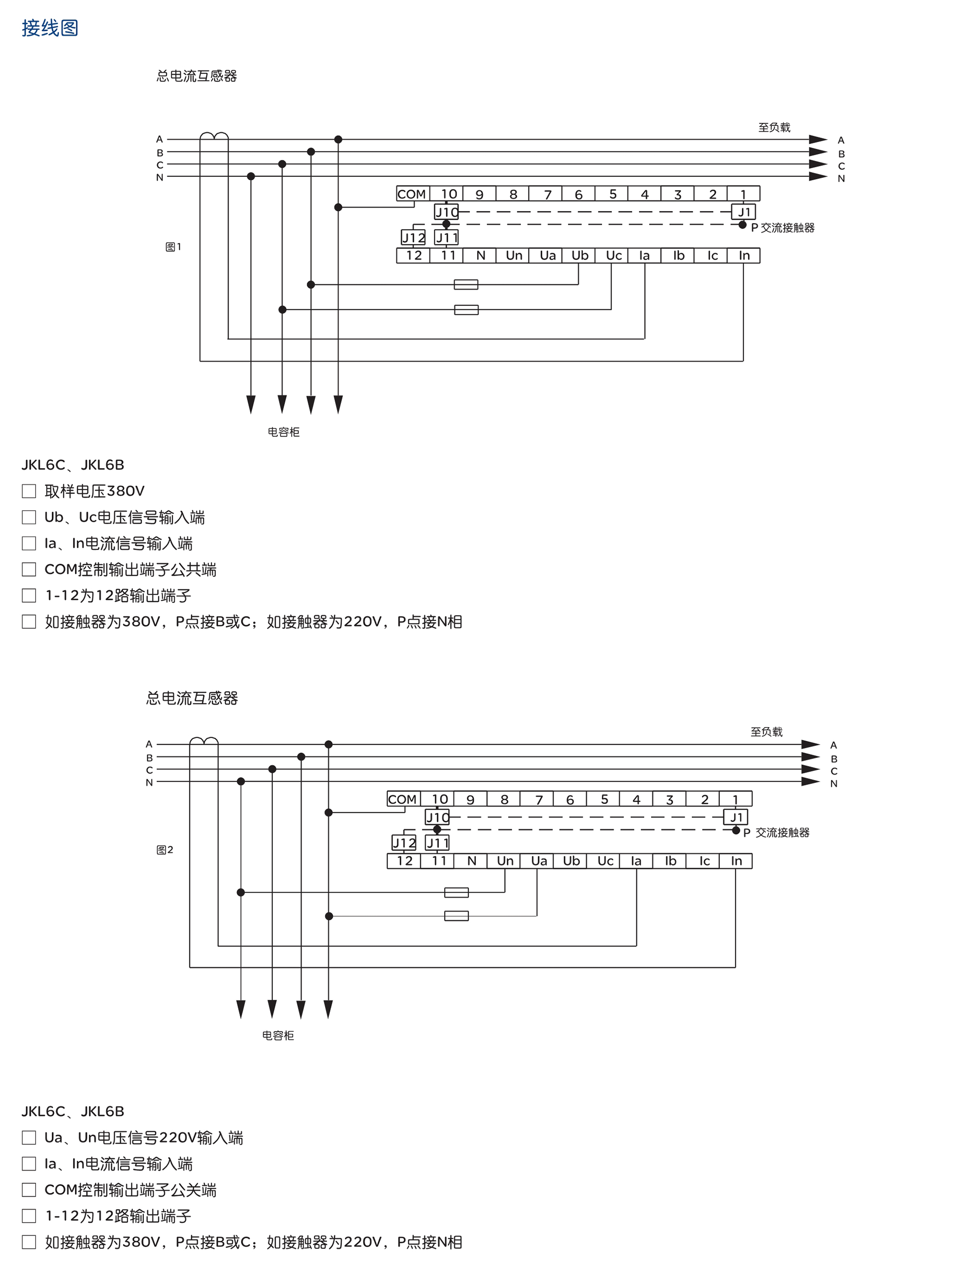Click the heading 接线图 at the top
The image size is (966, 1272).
pos(50,28)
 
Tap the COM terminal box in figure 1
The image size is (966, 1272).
pos(412,194)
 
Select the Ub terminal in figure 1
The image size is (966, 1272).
pos(580,256)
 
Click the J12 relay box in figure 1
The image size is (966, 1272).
pos(413,238)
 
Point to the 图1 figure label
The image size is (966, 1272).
pos(173,247)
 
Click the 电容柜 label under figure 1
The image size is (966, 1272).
pos(284,432)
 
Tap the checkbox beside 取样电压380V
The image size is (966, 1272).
pos(29,491)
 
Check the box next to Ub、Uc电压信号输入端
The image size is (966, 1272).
pos(29,517)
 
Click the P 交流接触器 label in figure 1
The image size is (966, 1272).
pos(782,228)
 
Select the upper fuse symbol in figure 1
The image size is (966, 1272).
pos(466,284)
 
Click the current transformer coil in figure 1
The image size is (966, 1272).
pos(214,136)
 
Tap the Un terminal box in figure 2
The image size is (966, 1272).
pos(505,861)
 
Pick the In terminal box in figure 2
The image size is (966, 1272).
pos(736,861)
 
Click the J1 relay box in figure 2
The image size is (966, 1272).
pos(736,817)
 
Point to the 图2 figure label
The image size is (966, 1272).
pos(164,850)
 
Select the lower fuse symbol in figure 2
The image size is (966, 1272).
pos(456,916)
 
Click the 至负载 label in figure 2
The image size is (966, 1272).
pos(767,732)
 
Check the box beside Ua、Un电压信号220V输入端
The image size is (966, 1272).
pos(29,1137)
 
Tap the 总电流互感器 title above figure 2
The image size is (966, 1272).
pos(192,698)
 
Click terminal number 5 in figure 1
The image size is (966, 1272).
pos(612,194)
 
